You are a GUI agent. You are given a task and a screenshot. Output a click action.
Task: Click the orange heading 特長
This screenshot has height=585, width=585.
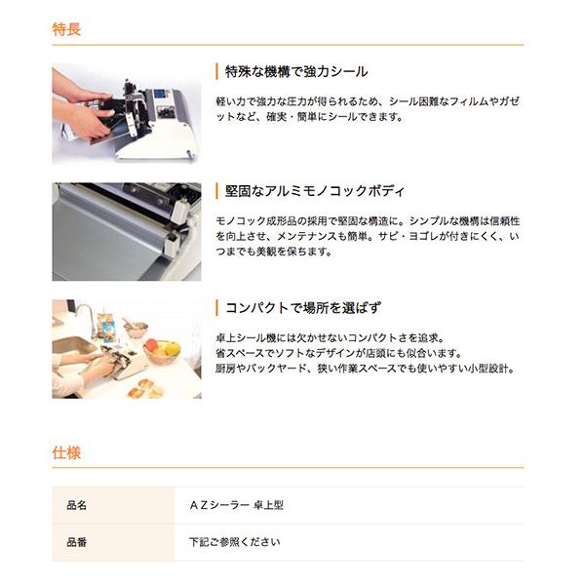66,29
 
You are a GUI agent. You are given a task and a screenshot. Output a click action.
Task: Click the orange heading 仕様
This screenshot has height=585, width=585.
66,452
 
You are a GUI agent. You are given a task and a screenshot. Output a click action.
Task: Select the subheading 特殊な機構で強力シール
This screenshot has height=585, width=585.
296,71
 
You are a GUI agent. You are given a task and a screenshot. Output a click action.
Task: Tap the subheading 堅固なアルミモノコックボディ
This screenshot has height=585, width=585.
315,191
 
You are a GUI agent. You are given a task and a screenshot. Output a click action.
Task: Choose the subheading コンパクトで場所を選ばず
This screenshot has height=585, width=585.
303,308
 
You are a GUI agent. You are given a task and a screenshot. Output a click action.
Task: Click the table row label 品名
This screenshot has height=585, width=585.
76,505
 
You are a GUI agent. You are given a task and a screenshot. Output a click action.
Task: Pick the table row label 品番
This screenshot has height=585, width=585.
76,542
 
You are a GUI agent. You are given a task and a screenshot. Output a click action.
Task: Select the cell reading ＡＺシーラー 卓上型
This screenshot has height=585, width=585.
236,505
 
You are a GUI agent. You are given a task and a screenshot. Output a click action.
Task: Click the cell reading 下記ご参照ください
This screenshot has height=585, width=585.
235,542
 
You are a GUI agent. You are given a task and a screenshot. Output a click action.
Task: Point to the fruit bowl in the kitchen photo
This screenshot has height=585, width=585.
162,351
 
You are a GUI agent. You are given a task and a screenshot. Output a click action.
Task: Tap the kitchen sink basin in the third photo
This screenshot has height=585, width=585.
73,345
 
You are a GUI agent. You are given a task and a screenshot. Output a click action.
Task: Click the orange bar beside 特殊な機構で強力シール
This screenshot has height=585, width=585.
216,71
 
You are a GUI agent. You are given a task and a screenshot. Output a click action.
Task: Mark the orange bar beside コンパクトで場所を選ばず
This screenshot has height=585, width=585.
216,308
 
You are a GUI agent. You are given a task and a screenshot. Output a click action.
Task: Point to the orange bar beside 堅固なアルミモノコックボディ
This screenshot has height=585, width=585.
216,191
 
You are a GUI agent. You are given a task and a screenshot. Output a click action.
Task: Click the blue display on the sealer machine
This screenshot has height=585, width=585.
160,94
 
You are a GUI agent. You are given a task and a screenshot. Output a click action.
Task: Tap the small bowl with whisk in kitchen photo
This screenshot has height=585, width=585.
136,330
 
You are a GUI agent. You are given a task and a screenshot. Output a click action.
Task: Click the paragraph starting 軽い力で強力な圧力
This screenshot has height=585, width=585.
368,109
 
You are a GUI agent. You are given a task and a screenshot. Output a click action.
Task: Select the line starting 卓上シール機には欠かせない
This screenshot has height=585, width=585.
331,338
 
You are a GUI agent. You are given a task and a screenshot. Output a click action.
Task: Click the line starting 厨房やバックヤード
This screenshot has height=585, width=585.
366,369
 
